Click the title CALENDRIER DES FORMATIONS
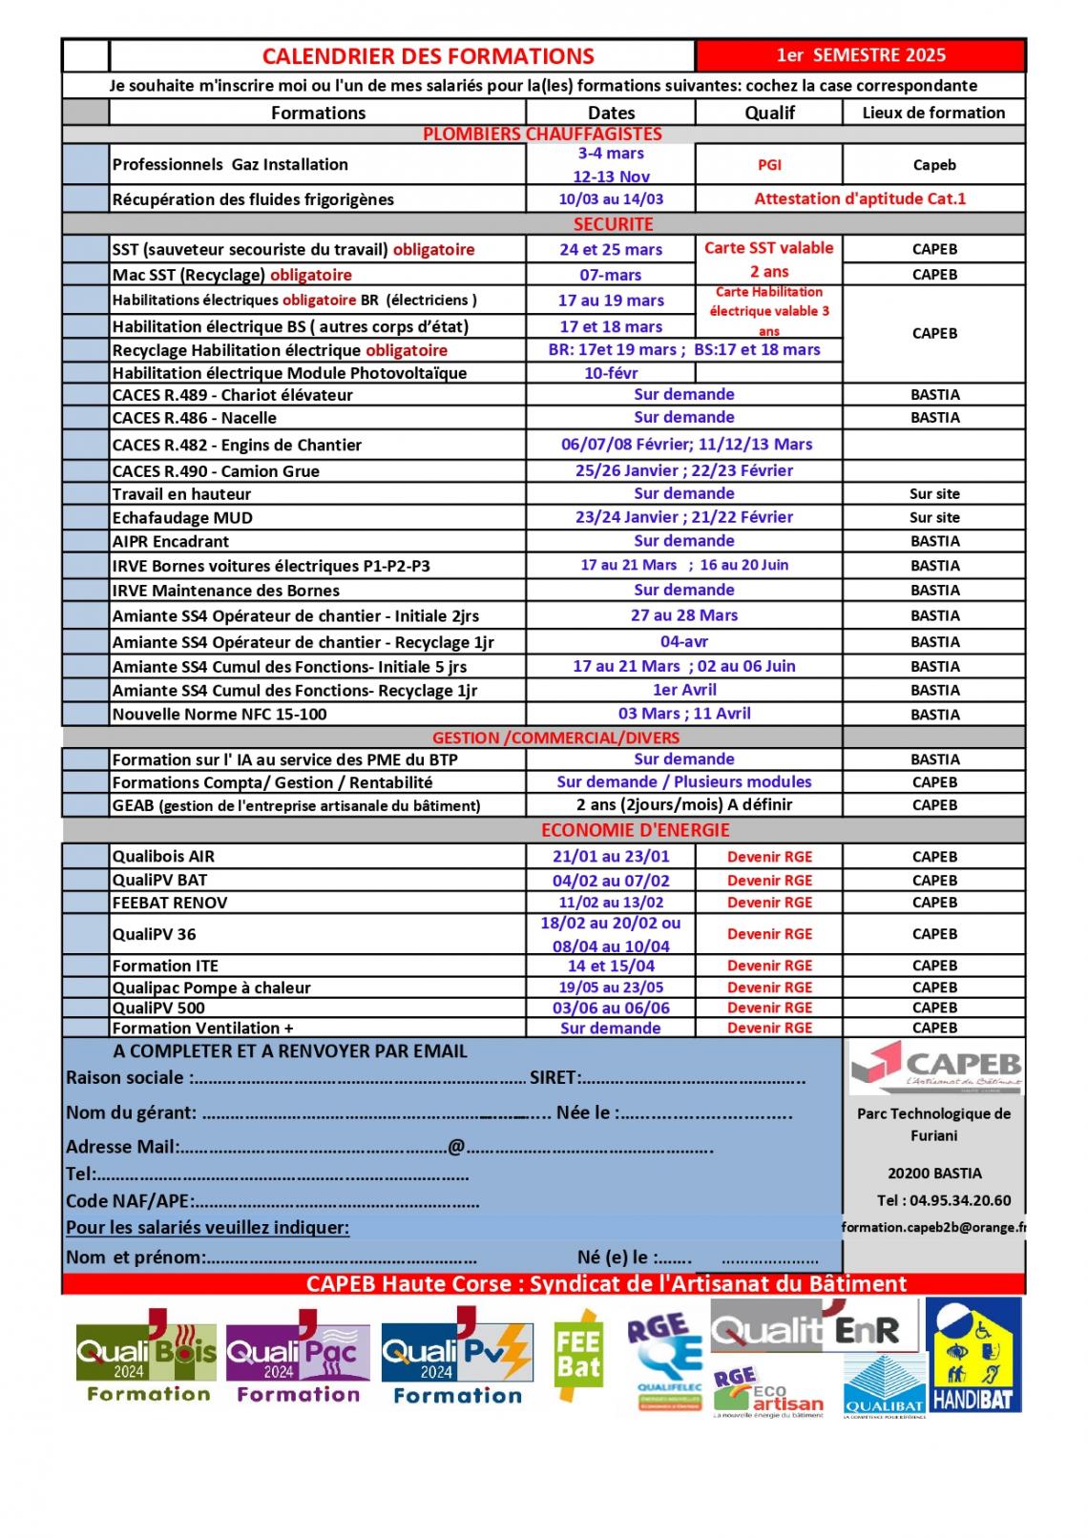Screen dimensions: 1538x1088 (x=428, y=56)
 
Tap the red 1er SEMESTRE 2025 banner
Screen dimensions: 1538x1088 (x=860, y=55)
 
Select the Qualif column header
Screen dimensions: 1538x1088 (x=769, y=113)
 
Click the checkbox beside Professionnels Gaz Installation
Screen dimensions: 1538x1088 (x=86, y=164)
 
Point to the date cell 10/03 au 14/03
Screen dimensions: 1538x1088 (x=611, y=199)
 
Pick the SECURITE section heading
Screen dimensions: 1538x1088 (x=613, y=224)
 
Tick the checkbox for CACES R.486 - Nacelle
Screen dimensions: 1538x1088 (x=86, y=418)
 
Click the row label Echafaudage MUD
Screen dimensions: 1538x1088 (x=182, y=518)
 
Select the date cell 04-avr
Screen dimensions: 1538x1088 (x=683, y=641)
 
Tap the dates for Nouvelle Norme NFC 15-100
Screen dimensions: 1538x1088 (x=683, y=714)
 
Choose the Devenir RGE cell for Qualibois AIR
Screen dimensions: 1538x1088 (x=769, y=857)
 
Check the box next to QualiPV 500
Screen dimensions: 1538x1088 (x=86, y=1008)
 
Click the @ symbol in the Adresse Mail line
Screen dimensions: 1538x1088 (x=456, y=1147)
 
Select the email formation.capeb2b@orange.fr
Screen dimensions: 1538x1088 (x=933, y=1228)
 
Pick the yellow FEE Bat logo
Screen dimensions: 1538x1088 (x=577, y=1356)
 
